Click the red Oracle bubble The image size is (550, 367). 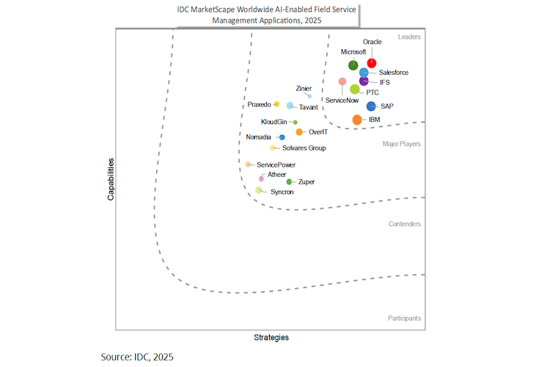pos(372,63)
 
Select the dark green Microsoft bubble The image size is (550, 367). pos(353,66)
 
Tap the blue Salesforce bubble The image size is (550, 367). pos(364,72)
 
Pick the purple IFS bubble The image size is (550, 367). pos(364,81)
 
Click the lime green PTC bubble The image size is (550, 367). pos(355,90)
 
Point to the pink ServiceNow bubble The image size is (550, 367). pos(342,81)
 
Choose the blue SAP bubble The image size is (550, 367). pos(371,106)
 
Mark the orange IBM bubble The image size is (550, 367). pos(357,120)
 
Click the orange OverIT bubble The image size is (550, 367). pos(299,132)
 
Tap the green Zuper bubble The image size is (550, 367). pos(289,181)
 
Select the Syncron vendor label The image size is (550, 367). pos(282,192)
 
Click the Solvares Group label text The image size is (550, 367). pos(298,148)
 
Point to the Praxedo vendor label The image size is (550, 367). pos(260,104)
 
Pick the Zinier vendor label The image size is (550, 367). pos(304,89)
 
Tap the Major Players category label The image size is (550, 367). pos(401,145)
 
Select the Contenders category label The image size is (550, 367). pos(405,224)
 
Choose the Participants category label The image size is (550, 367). pos(404,319)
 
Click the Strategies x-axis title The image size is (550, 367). pos(271,338)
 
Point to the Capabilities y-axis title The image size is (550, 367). pos(111,179)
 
